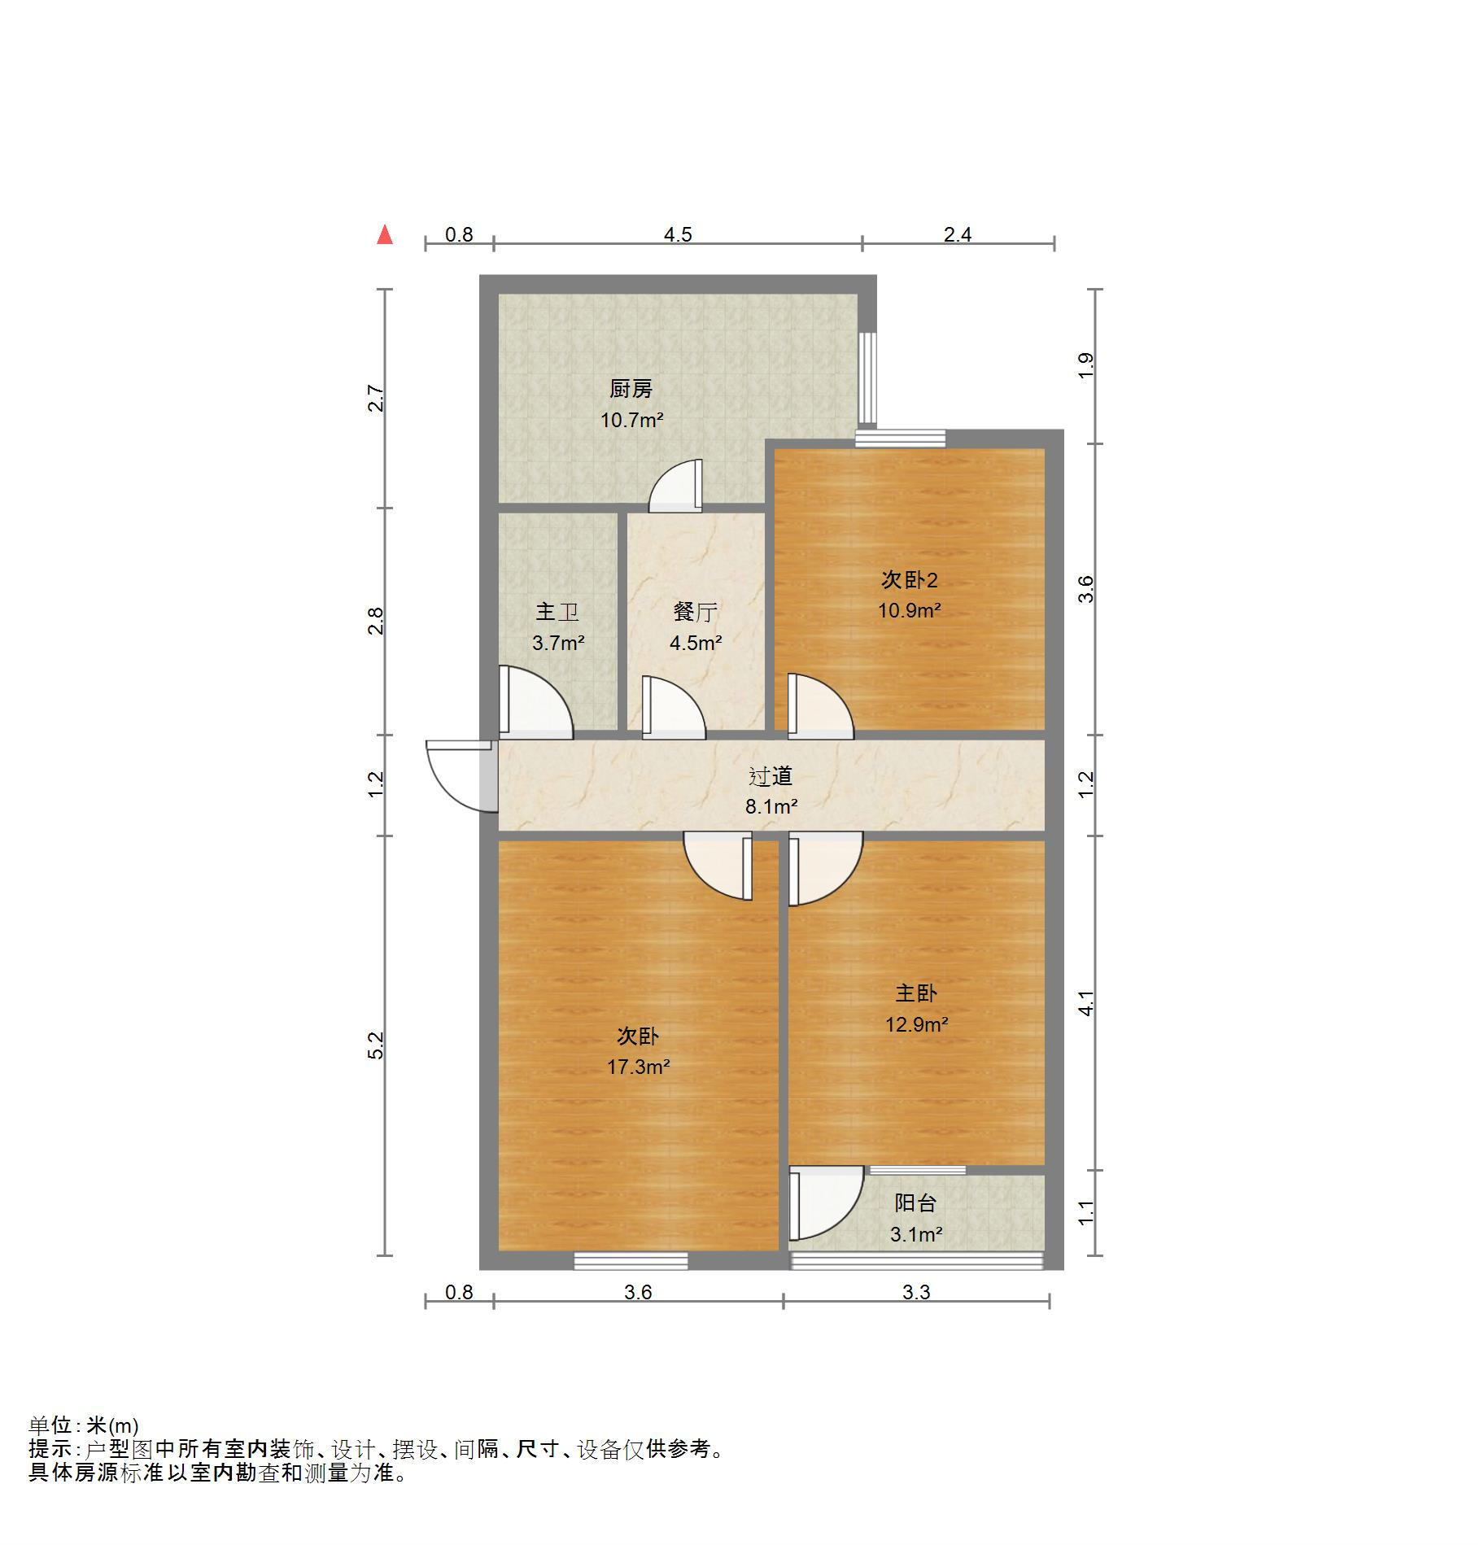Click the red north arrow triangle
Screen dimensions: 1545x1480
click(385, 236)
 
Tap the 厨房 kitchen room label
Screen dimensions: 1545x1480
click(631, 389)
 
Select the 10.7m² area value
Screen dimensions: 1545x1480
click(631, 421)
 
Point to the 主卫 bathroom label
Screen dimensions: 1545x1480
click(557, 612)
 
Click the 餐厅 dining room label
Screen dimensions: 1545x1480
click(695, 612)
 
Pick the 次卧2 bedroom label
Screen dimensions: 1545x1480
click(909, 580)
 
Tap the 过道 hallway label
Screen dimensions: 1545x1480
click(770, 776)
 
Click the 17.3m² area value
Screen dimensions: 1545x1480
click(638, 1067)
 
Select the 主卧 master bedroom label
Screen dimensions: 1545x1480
click(916, 993)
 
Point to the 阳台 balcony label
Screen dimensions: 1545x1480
click(915, 1202)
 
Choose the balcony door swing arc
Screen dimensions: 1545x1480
click(826, 1202)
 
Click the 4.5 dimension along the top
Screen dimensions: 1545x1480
click(678, 235)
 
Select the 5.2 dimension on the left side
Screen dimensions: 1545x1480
click(375, 1045)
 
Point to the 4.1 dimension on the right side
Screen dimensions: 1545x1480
click(1086, 1002)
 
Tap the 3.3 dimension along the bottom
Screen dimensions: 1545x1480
click(915, 1292)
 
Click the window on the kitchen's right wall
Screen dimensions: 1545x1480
click(868, 378)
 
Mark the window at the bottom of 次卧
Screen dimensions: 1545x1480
click(631, 1260)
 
